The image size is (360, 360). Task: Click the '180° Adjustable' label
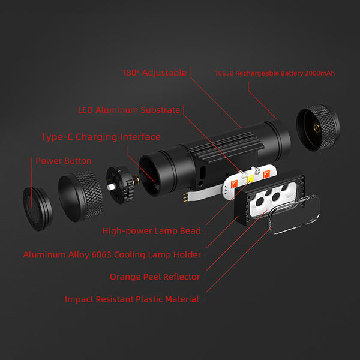click(x=154, y=73)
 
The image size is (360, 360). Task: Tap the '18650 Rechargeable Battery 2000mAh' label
click(x=274, y=73)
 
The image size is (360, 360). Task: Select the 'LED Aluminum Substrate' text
click(x=129, y=110)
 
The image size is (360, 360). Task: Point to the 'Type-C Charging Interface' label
click(x=101, y=137)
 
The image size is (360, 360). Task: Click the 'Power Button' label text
click(x=64, y=161)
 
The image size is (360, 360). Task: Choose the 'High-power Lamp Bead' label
click(x=151, y=230)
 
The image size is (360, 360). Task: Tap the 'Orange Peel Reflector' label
click(x=155, y=277)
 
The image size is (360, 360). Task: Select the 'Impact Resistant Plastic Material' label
click(x=132, y=299)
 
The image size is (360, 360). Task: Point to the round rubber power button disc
click(x=37, y=206)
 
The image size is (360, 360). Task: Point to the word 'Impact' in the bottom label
click(x=80, y=299)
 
